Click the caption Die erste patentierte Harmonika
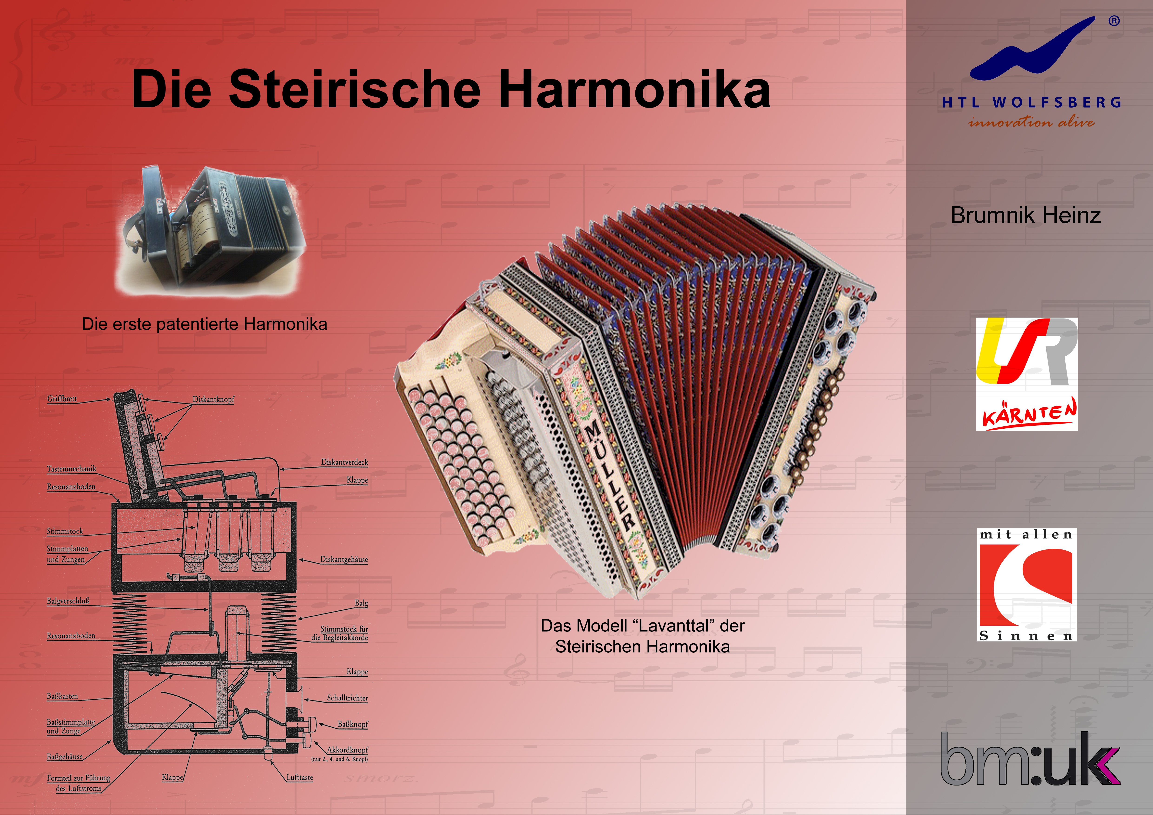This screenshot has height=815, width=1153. coord(204,324)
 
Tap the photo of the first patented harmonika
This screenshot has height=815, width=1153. coord(211,230)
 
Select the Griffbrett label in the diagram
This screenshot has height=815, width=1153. coord(62,399)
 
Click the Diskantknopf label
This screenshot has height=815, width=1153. coord(213,399)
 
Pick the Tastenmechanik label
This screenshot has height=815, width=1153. coord(71,469)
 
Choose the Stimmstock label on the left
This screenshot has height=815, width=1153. coord(65,531)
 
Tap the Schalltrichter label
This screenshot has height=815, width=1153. coord(347,698)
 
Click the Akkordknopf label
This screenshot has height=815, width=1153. coord(347,750)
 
